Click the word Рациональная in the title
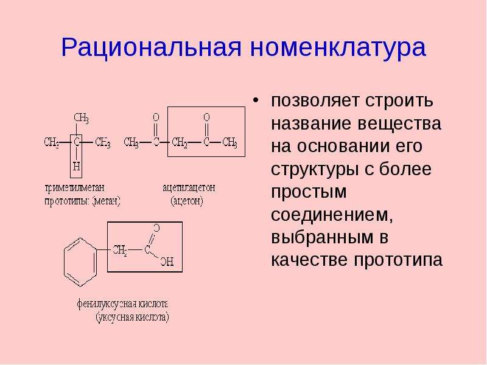pos(151,48)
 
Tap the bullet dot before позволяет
pos(255,101)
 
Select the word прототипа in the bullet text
pos(398,260)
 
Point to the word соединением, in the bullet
pos(332,214)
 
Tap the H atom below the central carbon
pos(76,166)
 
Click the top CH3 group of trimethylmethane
pos(82,118)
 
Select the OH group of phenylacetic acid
pos(167,262)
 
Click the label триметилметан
pos(75,188)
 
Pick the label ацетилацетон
pos(189,188)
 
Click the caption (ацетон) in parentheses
pos(187,201)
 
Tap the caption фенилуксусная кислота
pos(122,304)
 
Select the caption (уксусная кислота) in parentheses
pos(132,317)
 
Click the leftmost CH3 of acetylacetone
pos(131,142)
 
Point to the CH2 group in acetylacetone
pos(180,142)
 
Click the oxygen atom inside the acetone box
pos(206,117)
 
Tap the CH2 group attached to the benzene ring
pos(120,250)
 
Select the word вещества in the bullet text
pos(399,123)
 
